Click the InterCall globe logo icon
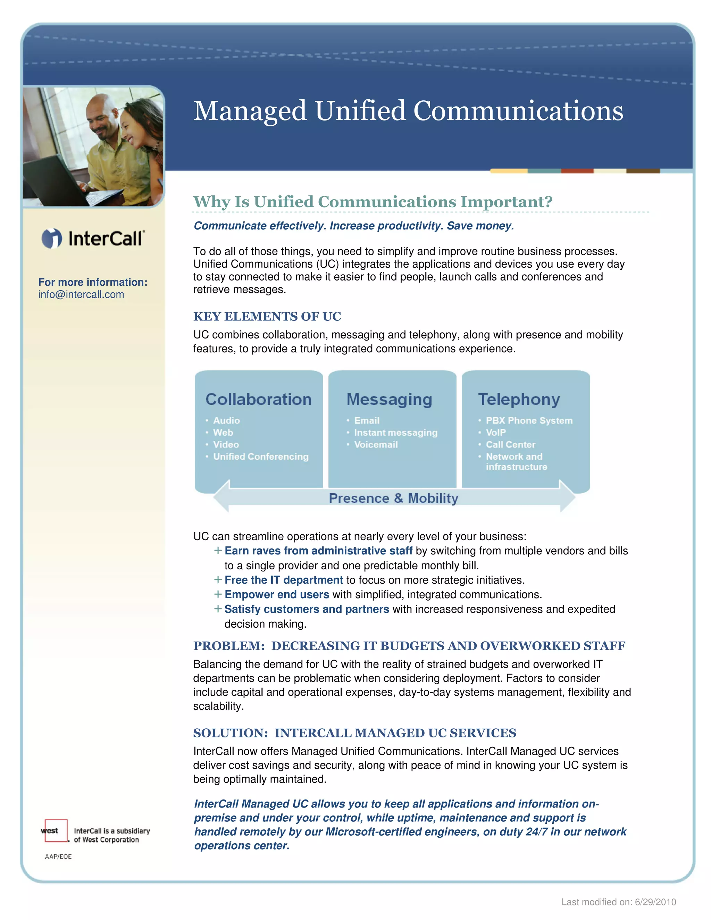tap(52, 239)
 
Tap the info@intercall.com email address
tap(81, 294)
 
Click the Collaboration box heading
tap(258, 399)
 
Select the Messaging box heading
tap(389, 399)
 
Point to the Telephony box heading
tap(519, 399)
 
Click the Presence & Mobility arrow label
tap(393, 498)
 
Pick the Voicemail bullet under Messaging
tap(376, 445)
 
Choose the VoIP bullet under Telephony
tap(496, 433)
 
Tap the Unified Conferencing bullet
tap(261, 457)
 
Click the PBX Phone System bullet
tap(529, 420)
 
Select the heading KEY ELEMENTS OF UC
tap(267, 316)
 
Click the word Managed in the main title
tap(250, 111)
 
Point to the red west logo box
tap(56, 831)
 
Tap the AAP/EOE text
tap(58, 857)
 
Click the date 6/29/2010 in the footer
tap(655, 902)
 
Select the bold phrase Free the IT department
tap(284, 580)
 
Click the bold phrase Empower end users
tap(277, 594)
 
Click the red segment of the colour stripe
tap(577, 171)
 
